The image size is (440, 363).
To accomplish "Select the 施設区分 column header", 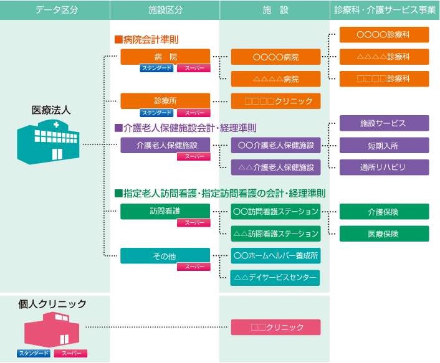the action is pos(165,10).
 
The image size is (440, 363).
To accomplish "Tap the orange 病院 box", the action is pos(165,57).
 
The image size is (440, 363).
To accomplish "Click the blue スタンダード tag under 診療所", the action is pos(156,113).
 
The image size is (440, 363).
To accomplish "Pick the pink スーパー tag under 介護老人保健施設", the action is pos(194,156).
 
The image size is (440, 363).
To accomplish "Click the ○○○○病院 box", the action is pos(275,57).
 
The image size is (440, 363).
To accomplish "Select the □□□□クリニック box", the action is pos(275,101).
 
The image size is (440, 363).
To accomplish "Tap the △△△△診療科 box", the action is pos(384,57).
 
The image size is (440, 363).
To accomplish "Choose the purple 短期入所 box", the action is pos(384,145).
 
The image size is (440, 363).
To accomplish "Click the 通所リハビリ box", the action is pos(384,167).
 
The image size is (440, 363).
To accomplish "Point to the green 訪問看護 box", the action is pos(165,211).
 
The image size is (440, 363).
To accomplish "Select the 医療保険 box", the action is pos(384,233).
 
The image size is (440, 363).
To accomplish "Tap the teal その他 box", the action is pos(165,256).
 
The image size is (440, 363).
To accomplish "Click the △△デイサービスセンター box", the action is pos(275,278).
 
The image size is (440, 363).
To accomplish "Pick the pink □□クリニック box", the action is pos(275,327).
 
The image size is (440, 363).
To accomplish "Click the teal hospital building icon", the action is pos(48,142).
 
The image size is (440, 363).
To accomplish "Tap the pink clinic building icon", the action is pos(52,330).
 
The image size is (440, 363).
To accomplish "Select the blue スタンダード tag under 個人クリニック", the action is pos(34,353).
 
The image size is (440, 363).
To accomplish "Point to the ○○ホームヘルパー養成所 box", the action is pos(275,256).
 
